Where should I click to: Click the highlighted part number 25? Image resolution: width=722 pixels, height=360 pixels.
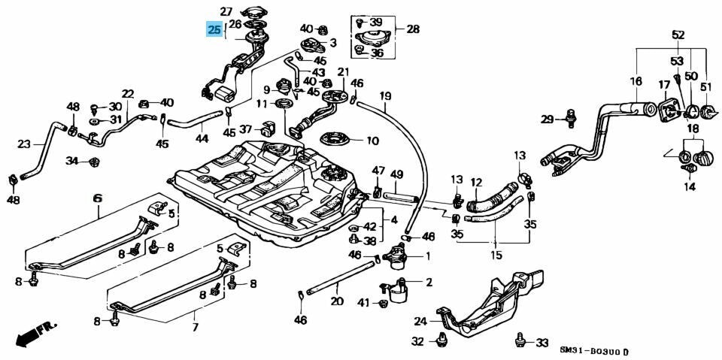[x=215, y=30]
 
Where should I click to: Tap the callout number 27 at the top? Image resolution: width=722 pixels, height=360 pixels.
[x=227, y=11]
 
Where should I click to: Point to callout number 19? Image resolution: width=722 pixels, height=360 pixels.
[x=385, y=96]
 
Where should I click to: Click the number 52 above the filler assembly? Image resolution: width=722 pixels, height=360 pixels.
[x=678, y=35]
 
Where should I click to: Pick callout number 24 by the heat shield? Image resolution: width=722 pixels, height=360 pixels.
[x=420, y=321]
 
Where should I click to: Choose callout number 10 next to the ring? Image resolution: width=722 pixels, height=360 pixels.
[x=373, y=141]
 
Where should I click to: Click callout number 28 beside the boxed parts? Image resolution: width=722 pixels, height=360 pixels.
[x=413, y=29]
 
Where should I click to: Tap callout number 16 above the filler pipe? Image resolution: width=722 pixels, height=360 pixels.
[x=636, y=81]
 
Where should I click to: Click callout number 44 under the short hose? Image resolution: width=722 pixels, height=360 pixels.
[x=202, y=138]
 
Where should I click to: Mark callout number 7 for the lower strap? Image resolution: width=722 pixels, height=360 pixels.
[x=196, y=328]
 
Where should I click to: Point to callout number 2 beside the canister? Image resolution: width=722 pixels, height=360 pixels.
[x=429, y=283]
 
